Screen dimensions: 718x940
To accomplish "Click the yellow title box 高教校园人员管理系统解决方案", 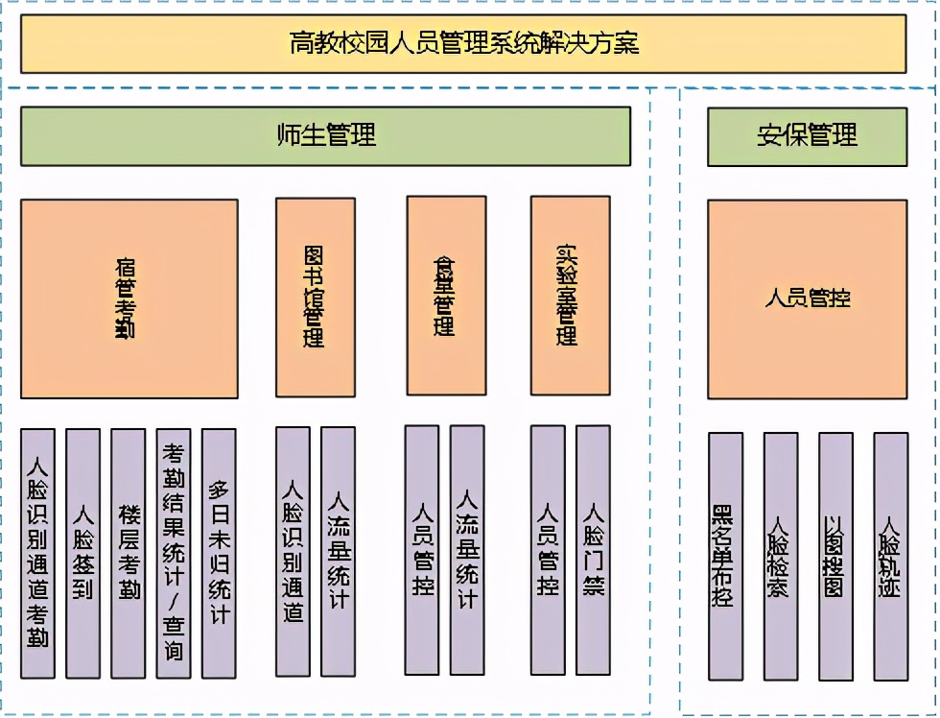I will [x=463, y=44].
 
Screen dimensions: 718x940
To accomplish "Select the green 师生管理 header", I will [x=325, y=135].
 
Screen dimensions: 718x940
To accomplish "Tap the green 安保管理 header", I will [x=807, y=135].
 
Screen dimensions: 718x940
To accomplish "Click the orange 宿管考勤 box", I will [x=129, y=299].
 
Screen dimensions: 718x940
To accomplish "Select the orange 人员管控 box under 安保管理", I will [x=807, y=299].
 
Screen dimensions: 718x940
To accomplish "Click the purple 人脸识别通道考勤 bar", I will [x=37, y=553].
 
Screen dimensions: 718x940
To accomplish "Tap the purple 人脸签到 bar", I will [x=82, y=553].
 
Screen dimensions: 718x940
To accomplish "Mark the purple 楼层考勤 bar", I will [x=128, y=553].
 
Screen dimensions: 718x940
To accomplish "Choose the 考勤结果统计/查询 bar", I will [x=173, y=553].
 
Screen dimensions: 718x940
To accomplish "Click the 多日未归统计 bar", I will [x=219, y=553].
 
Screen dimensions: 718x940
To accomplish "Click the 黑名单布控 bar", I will [x=725, y=556].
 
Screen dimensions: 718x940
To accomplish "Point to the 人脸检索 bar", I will [x=780, y=556].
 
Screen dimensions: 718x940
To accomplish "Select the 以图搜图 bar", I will [x=834, y=556].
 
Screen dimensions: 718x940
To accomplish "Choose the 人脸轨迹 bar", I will [x=890, y=556].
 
